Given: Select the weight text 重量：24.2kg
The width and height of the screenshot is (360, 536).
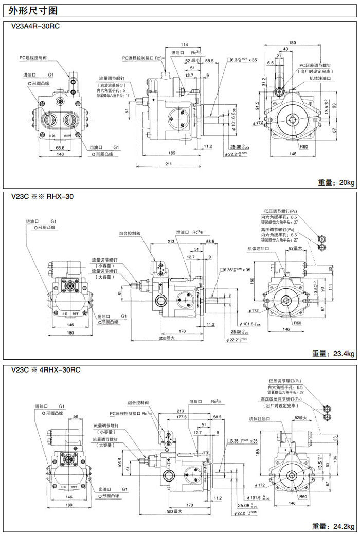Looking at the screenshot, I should (333, 526).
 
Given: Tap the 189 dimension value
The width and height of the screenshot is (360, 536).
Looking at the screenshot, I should (172, 153).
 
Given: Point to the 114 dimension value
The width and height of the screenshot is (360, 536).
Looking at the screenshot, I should (184, 44).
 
